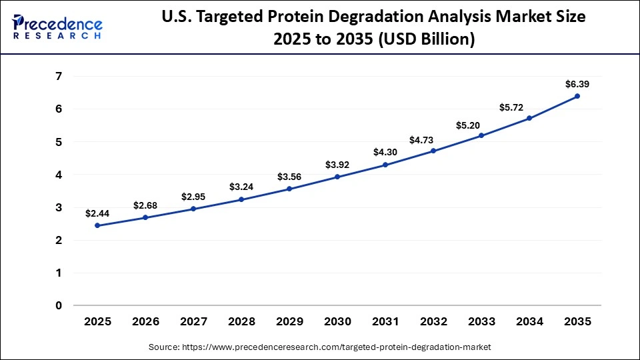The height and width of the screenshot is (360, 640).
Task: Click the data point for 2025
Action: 97,225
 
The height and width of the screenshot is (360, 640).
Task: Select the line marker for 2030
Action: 337,177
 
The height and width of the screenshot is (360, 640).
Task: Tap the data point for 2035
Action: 577,96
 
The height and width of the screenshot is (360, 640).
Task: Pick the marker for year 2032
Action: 433,151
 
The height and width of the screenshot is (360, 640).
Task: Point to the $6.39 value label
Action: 577,84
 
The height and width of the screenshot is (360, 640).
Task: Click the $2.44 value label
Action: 97,213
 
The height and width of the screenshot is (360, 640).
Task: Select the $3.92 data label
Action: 337,165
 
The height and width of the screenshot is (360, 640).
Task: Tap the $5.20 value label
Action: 481,125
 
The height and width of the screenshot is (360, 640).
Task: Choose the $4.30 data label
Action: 385,152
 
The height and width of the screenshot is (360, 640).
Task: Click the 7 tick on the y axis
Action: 59,77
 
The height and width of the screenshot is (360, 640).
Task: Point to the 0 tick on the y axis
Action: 59,306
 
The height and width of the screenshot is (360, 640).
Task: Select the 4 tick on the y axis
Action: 59,175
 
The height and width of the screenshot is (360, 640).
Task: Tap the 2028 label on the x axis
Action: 241,321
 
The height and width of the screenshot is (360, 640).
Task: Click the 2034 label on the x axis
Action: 529,321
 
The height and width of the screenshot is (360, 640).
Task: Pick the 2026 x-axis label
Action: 145,321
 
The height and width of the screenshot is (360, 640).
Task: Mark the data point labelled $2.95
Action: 193,209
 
